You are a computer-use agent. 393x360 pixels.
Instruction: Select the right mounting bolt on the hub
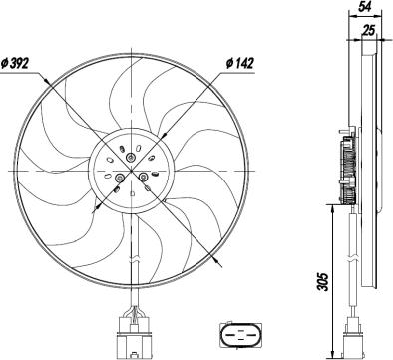click(x=145, y=177)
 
